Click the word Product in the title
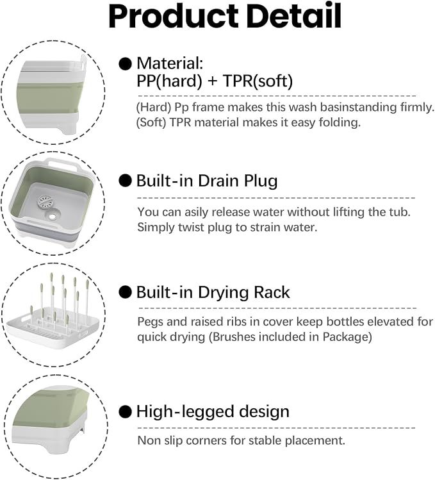pos(173,16)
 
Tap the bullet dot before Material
pos(125,64)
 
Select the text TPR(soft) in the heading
pos(258,81)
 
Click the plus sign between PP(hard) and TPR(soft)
pos(212,82)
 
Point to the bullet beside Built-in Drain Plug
pos(125,180)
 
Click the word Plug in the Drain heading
pos(261,181)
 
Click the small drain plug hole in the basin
pos(53,217)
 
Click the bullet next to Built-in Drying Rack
pos(125,292)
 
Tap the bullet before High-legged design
pos(125,411)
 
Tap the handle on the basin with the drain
pos(63,163)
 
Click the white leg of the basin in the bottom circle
pos(78,441)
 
